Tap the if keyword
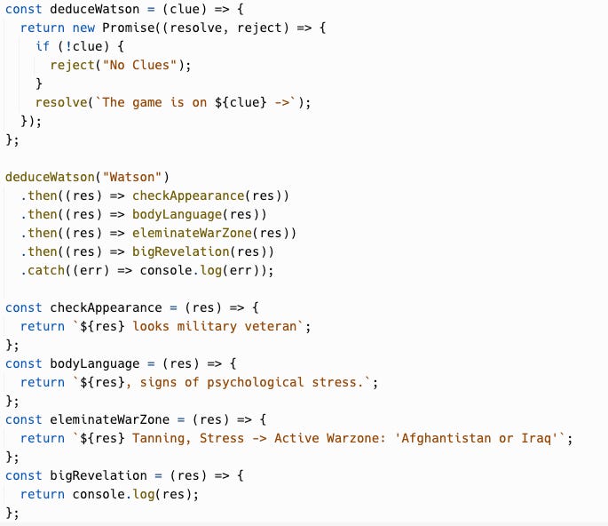point(43,46)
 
